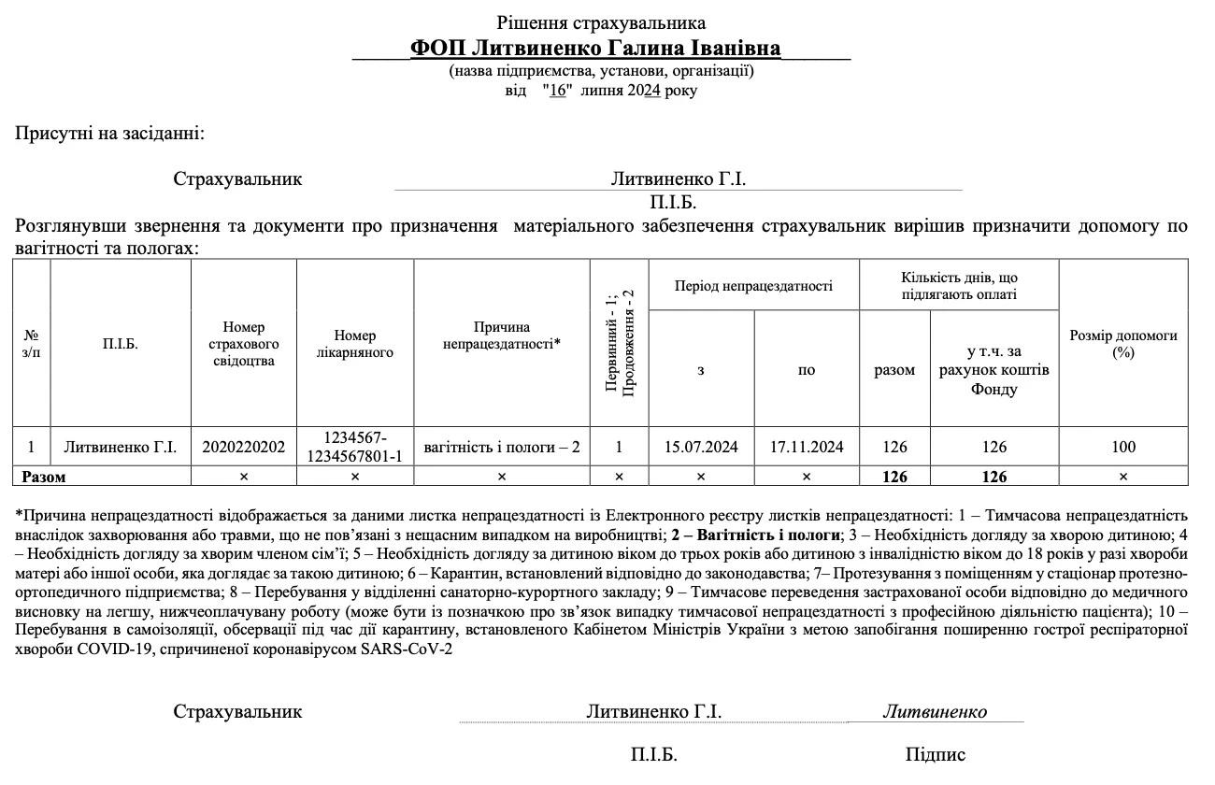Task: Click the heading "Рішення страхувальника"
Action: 601,22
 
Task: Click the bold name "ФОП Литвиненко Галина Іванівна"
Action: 595,48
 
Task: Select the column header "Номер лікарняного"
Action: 355,344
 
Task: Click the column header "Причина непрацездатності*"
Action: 501,335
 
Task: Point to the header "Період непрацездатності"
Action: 753,286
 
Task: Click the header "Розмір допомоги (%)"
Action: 1122,344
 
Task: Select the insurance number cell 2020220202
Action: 243,447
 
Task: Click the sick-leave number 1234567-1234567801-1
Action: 355,447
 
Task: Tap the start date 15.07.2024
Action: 701,447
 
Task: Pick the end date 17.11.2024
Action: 807,447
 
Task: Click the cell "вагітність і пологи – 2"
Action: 502,447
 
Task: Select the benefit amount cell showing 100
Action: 1123,447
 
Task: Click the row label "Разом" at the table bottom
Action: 44,477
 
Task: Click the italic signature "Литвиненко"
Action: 935,711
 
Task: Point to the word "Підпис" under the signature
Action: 936,755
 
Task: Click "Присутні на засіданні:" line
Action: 109,134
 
